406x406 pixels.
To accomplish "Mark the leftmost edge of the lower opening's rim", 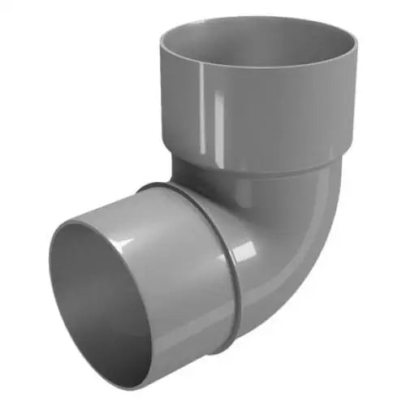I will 50,300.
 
